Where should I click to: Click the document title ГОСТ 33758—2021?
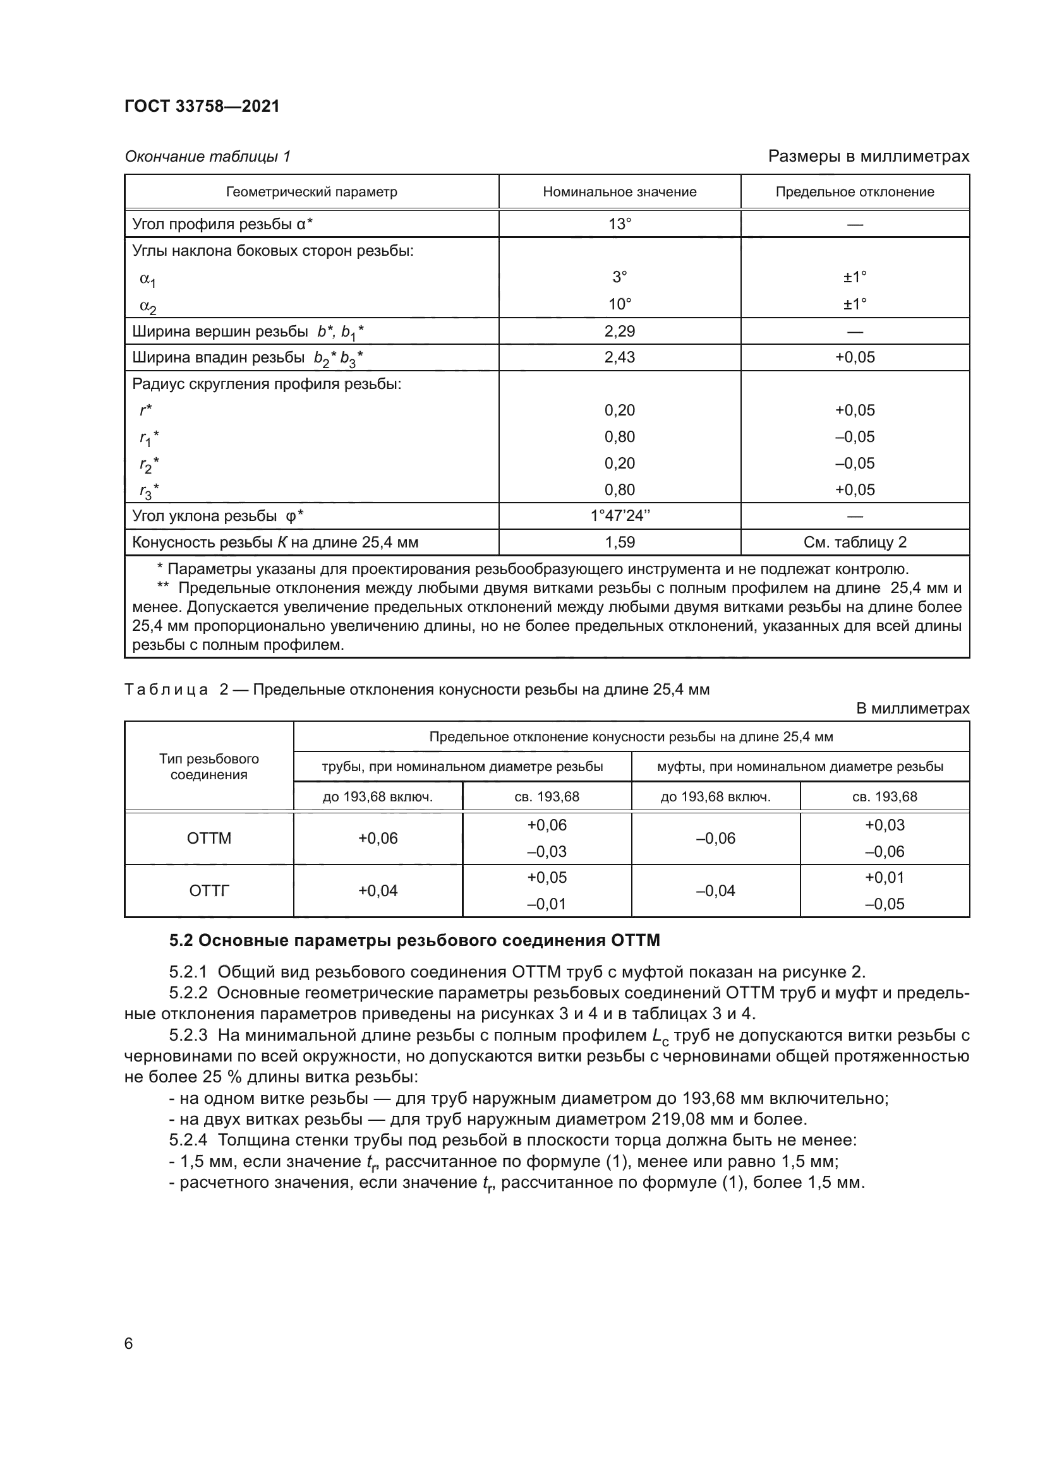tap(202, 106)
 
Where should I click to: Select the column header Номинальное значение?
tap(619, 192)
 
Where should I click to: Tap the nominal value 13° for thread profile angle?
tap(619, 224)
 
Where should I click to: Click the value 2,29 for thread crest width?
tap(619, 332)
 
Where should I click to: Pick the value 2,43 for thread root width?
tap(619, 357)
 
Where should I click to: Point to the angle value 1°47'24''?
tap(619, 516)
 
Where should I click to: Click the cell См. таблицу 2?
tap(855, 542)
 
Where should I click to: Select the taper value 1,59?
tap(619, 542)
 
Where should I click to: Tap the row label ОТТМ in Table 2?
tap(209, 838)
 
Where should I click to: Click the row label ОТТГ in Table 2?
tap(209, 890)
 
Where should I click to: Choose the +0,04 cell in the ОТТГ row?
tap(378, 890)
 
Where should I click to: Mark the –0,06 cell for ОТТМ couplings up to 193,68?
tap(716, 838)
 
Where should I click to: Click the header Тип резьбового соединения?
tap(209, 766)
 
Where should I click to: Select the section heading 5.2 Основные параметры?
tap(414, 940)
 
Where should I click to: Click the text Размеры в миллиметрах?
tap(868, 157)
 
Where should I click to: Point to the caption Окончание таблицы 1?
tap(207, 157)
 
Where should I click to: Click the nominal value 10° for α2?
tap(619, 304)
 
